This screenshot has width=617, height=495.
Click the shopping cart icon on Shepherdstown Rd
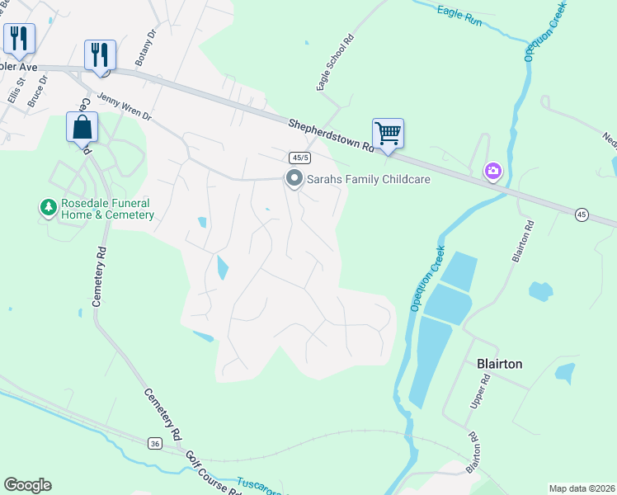point(388,133)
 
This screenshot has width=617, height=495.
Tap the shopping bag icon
point(82,128)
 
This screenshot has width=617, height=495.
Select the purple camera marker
point(492,171)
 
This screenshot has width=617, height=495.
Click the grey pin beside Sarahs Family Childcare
point(294,178)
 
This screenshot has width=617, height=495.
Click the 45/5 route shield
point(299,158)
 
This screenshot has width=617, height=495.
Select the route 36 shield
point(155,444)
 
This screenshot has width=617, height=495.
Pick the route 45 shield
point(582,214)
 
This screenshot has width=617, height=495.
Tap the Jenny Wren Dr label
point(125,106)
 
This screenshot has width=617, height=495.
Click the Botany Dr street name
point(146,49)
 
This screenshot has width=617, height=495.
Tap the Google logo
point(27,485)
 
